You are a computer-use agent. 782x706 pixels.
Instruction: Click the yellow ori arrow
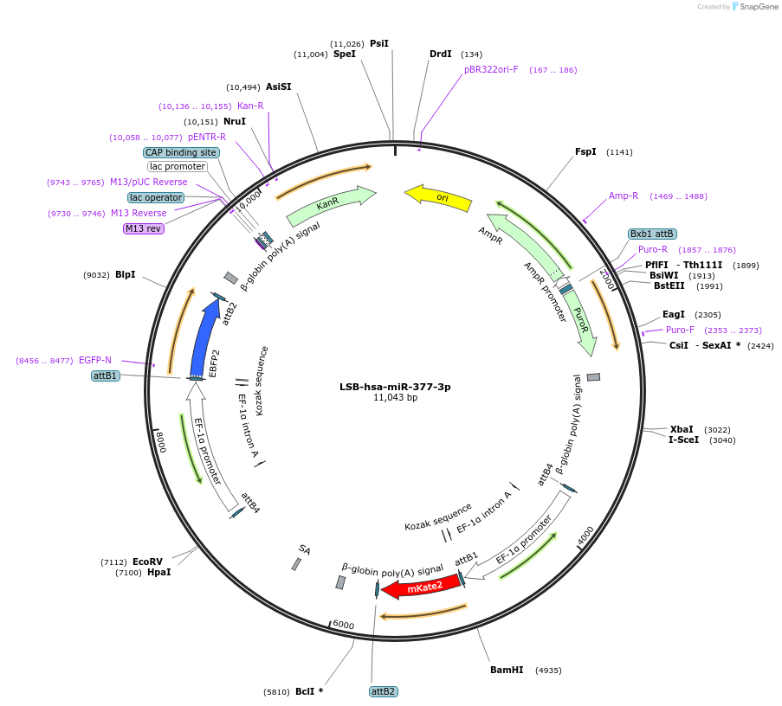[x=438, y=198]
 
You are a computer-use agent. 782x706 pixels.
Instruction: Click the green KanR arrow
[x=330, y=204]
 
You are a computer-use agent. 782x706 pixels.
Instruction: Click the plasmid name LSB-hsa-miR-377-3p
[x=395, y=387]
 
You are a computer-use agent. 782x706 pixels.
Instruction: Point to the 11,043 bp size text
[x=395, y=398]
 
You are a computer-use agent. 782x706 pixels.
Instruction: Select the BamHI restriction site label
[x=507, y=670]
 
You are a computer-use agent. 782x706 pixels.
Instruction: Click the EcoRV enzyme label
[x=147, y=562]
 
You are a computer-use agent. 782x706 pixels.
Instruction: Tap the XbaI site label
[x=682, y=429]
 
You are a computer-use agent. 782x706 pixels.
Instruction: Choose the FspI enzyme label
[x=585, y=151]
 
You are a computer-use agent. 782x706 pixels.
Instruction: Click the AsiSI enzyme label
[x=278, y=87]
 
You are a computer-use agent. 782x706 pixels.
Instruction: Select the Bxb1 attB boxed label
[x=652, y=234]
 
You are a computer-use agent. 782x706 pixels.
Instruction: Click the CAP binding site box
[x=181, y=152]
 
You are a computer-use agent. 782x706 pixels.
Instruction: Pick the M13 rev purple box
[x=143, y=228]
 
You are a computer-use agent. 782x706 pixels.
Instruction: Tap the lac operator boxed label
[x=156, y=197]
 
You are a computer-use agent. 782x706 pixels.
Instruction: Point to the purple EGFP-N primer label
[x=95, y=360]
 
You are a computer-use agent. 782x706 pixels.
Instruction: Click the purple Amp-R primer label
[x=624, y=196]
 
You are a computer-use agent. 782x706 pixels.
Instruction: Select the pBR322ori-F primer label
[x=491, y=69]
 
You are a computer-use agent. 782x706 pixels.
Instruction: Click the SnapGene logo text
[x=755, y=7]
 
